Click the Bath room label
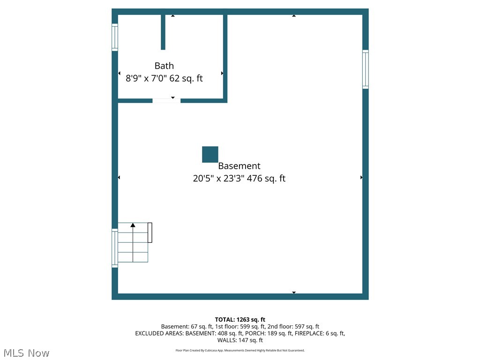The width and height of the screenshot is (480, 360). (x=164, y=66)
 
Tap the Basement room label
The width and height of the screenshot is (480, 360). (x=239, y=166)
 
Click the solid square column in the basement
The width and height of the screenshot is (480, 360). (x=210, y=154)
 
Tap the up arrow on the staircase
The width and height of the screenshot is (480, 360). (x=133, y=226)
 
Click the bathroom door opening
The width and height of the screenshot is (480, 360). (x=166, y=100)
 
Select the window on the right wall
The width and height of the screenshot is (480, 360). (x=365, y=69)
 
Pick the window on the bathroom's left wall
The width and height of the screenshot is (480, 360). (x=114, y=37)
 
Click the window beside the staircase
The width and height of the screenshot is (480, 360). (x=114, y=248)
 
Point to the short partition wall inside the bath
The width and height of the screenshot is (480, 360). (x=163, y=32)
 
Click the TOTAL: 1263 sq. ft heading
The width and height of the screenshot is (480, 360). (x=240, y=320)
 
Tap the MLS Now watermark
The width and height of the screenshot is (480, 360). (x=26, y=353)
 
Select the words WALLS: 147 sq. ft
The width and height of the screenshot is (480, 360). (x=240, y=340)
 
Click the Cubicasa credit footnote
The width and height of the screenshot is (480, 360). (x=240, y=350)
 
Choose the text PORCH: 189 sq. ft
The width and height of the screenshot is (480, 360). (x=266, y=333)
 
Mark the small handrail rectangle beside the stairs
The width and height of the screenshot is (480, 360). (x=150, y=232)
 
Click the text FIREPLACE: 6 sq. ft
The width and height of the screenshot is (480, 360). (x=320, y=333)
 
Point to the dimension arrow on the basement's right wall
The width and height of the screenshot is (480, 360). (x=361, y=177)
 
